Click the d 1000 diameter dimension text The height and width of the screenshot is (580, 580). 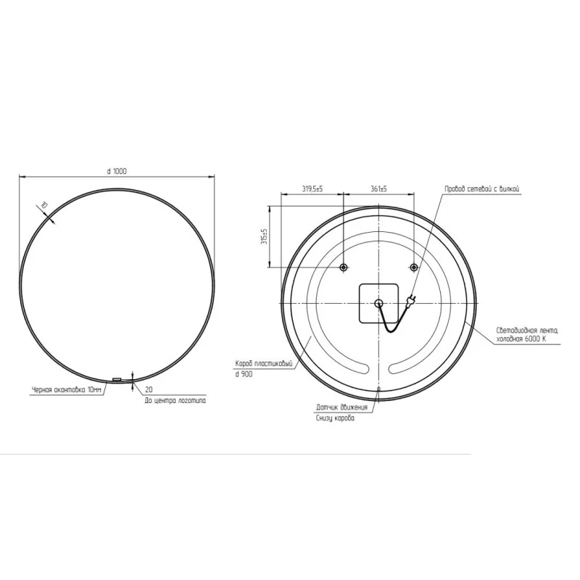pyautogui.click(x=117, y=171)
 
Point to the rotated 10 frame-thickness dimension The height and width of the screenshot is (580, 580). pyautogui.click(x=44, y=207)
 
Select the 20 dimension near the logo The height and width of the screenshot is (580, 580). pyautogui.click(x=149, y=389)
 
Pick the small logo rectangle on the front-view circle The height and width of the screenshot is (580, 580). pyautogui.click(x=117, y=378)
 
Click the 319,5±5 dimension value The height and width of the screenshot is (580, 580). pyautogui.click(x=312, y=189)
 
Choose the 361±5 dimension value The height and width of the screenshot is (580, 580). pyautogui.click(x=378, y=189)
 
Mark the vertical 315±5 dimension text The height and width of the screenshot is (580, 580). pyautogui.click(x=265, y=236)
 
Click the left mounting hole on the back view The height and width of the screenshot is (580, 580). pyautogui.click(x=344, y=268)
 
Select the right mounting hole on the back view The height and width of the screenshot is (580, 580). pyautogui.click(x=413, y=268)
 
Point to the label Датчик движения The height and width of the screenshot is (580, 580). pyautogui.click(x=341, y=407)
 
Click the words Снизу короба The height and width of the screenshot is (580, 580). pyautogui.click(x=335, y=419)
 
